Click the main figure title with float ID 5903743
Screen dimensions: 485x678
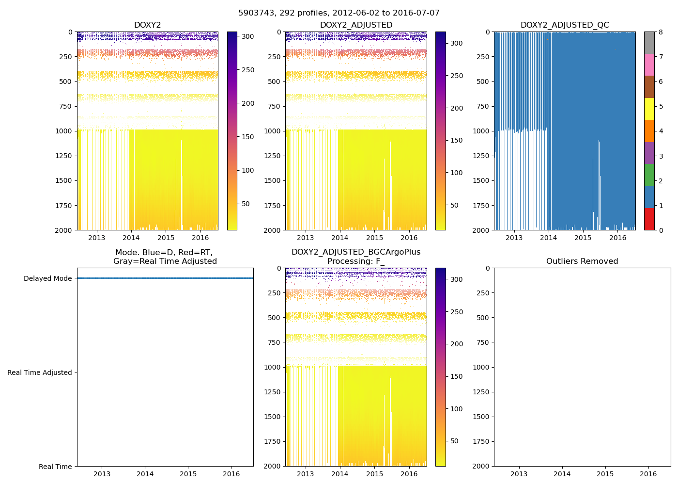(339, 13)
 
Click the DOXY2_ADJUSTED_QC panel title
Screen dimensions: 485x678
(565, 25)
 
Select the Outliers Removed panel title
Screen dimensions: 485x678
(582, 261)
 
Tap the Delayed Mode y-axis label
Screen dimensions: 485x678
(47, 278)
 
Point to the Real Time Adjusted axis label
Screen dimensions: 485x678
(40, 372)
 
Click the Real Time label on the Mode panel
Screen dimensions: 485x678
(55, 467)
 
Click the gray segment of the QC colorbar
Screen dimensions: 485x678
(649, 43)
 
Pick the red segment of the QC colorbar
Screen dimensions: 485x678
(649, 219)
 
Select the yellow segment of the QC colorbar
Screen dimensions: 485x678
(649, 109)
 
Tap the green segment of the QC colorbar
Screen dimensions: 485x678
(649, 175)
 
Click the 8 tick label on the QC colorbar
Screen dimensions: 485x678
(661, 32)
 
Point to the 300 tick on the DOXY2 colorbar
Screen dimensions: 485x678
(248, 36)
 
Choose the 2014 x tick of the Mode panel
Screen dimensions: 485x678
(145, 474)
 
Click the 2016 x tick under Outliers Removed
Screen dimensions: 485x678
(648, 474)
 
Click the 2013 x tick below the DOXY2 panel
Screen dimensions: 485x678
(96, 238)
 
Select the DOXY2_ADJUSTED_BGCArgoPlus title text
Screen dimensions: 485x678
(355, 252)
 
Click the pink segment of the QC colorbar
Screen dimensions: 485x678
(649, 65)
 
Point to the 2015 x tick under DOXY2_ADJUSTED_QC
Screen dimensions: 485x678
(583, 238)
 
